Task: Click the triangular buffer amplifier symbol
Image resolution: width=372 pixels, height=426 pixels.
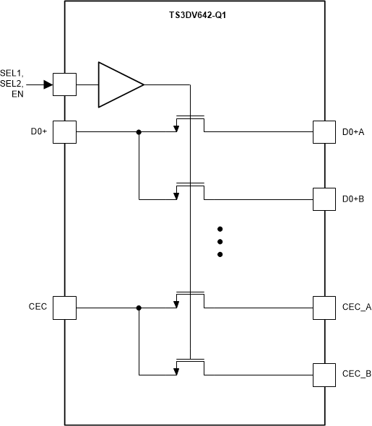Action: (120, 84)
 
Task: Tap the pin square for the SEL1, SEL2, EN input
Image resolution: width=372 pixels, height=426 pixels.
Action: (65, 84)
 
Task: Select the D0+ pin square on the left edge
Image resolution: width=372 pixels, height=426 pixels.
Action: (65, 132)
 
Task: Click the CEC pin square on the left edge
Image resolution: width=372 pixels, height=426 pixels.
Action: (65, 308)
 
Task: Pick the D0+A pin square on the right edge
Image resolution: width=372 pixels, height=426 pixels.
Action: (324, 132)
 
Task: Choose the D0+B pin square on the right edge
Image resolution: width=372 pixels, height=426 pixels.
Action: (324, 199)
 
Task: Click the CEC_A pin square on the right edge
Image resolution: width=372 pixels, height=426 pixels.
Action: (324, 308)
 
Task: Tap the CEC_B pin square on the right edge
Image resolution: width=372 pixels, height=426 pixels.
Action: (324, 374)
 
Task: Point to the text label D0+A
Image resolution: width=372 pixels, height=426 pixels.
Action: (353, 132)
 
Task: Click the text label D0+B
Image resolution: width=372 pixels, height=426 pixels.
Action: (353, 199)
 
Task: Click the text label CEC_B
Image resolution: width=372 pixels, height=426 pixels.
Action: (356, 374)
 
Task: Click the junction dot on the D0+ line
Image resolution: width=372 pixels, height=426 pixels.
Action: (139, 132)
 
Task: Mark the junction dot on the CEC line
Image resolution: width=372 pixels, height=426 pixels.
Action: (139, 308)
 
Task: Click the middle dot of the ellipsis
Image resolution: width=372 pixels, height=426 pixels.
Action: (220, 241)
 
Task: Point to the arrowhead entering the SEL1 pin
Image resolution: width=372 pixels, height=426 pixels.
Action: (48, 84)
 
